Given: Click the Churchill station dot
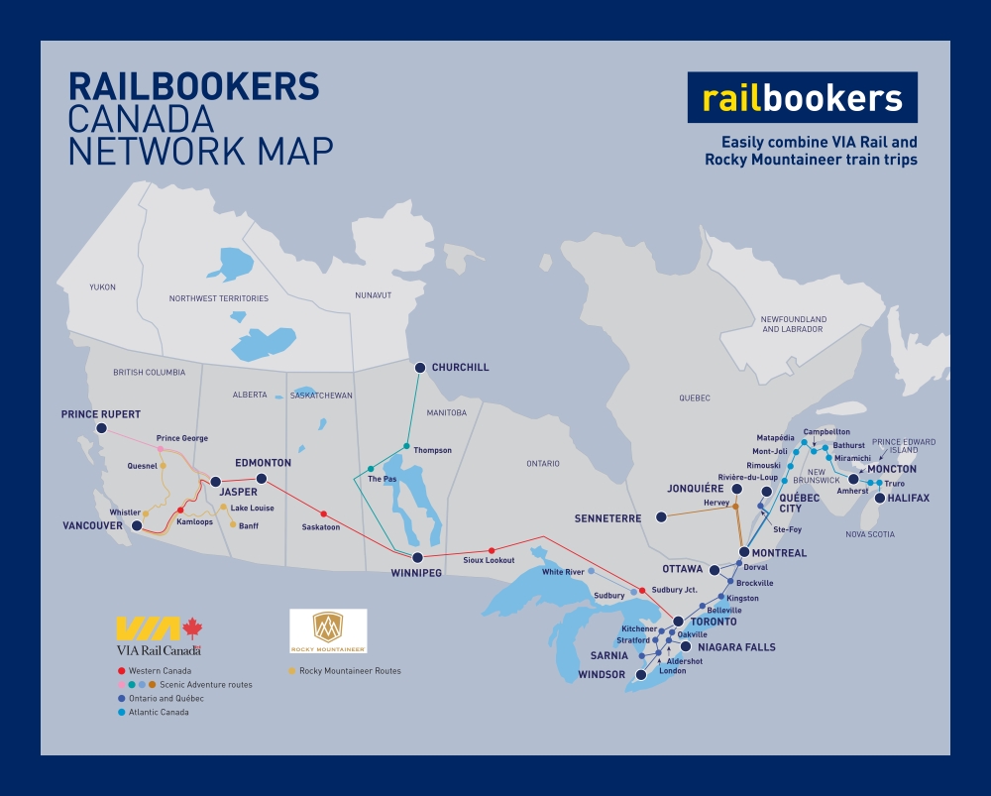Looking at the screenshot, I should point(419,368).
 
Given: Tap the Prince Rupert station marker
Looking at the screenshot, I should point(100,428).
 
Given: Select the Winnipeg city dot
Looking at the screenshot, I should point(417,558).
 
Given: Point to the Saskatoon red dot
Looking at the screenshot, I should point(323,513).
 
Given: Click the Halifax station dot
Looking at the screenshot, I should point(879,498).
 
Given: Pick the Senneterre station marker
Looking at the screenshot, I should point(661,517).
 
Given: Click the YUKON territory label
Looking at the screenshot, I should point(102,287).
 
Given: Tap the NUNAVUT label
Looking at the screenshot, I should point(373,295).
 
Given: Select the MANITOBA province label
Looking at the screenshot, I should point(445,412).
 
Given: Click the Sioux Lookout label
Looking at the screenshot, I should point(489,561).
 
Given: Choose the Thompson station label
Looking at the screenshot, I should point(432,450).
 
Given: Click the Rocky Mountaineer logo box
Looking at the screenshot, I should point(328,630).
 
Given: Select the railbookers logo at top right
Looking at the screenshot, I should point(802,98).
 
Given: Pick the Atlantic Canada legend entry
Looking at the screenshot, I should point(158,712).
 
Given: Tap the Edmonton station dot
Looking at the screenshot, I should point(262,479).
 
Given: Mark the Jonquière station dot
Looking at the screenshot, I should point(736,490).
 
